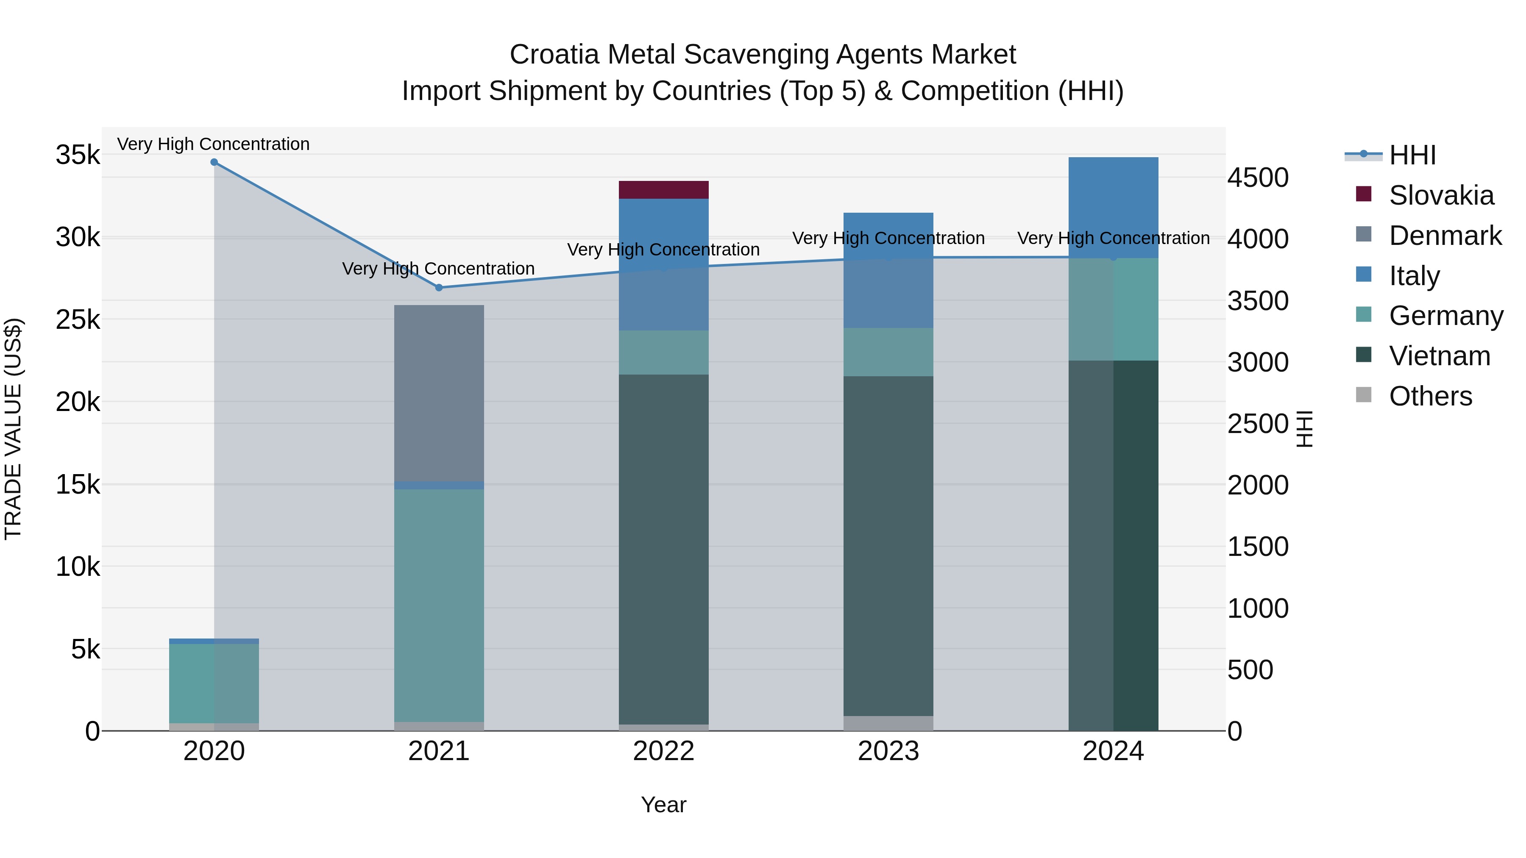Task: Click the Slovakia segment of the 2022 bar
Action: click(x=663, y=189)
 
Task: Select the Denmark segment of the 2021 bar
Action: click(x=439, y=393)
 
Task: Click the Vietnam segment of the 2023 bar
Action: click(x=888, y=545)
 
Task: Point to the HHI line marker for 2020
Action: click(x=214, y=162)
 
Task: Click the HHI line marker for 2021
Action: click(x=439, y=288)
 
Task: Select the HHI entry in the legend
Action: click(x=1412, y=155)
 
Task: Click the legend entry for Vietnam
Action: click(x=1439, y=356)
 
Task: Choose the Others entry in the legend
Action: click(x=1430, y=396)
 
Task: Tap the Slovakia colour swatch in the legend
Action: click(x=1363, y=194)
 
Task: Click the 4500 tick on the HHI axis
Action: click(x=1258, y=178)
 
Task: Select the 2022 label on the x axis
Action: click(x=663, y=751)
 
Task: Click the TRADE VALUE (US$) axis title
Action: click(x=13, y=429)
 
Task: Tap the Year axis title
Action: click(x=663, y=805)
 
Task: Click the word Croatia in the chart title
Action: click(x=554, y=55)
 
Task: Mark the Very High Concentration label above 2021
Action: click(x=438, y=268)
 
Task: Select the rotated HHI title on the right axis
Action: click(x=1304, y=429)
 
